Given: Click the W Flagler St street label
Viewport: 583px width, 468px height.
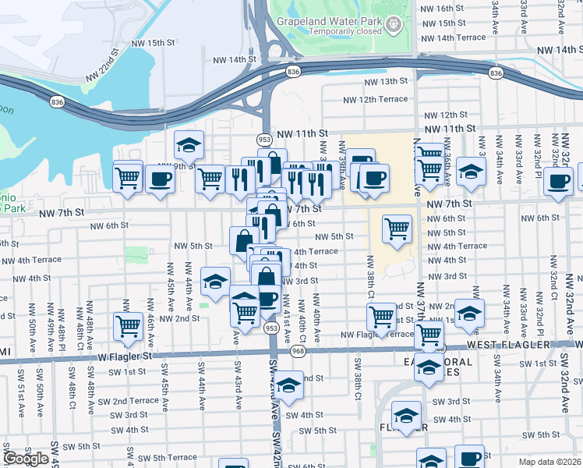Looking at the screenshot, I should [x=127, y=356].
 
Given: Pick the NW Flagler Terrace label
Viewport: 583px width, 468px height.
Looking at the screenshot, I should [x=376, y=335].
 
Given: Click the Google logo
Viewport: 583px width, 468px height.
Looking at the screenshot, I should [x=26, y=459].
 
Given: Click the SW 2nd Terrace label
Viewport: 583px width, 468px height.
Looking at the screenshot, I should [x=125, y=401].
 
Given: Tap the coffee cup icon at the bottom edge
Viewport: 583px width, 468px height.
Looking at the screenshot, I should [x=469, y=459].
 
